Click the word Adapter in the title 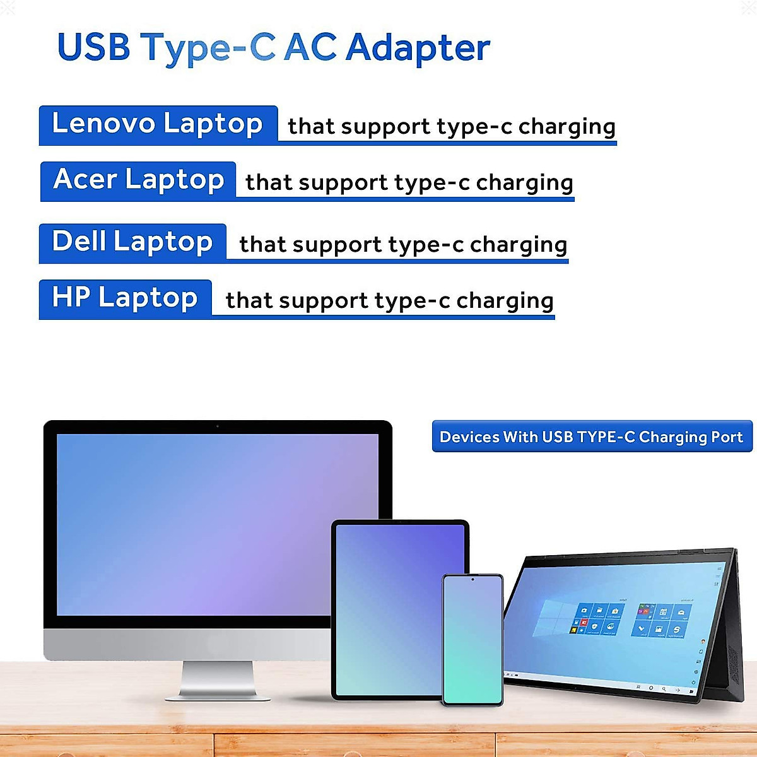(x=418, y=48)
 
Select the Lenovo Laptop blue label (x=158, y=124)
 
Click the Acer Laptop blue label (x=138, y=180)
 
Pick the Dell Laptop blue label (x=132, y=242)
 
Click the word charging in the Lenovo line (x=566, y=127)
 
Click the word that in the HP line (x=249, y=301)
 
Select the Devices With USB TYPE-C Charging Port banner (x=592, y=437)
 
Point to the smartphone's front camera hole (x=472, y=579)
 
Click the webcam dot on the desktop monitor (x=218, y=427)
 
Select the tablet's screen (x=388, y=606)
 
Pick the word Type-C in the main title (x=208, y=48)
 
